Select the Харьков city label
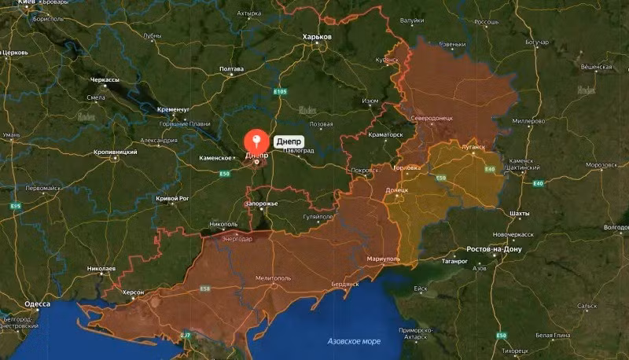[318, 37]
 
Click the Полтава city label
[232, 69]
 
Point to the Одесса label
[38, 303]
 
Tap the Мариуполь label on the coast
[384, 258]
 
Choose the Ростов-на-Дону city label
[494, 249]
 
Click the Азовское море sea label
[354, 341]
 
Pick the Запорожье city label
[262, 204]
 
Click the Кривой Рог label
[172, 200]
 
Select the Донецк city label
[396, 190]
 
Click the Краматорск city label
[385, 134]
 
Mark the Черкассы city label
[105, 80]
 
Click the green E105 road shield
[281, 92]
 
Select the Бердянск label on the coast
[345, 283]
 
